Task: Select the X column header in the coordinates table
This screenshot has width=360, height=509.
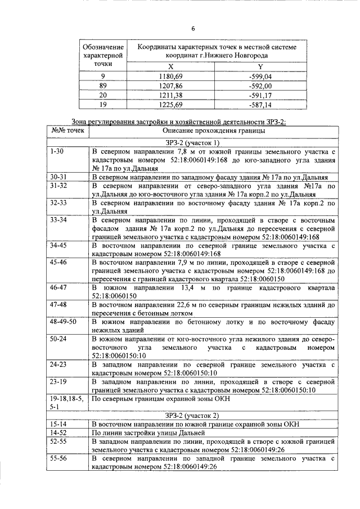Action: [x=170, y=67]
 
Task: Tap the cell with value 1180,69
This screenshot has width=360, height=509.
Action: [x=170, y=76]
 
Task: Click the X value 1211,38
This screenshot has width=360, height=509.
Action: [x=170, y=95]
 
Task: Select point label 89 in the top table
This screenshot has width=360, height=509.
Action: [x=102, y=85]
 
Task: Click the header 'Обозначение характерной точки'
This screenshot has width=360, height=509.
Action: [x=102, y=55]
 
